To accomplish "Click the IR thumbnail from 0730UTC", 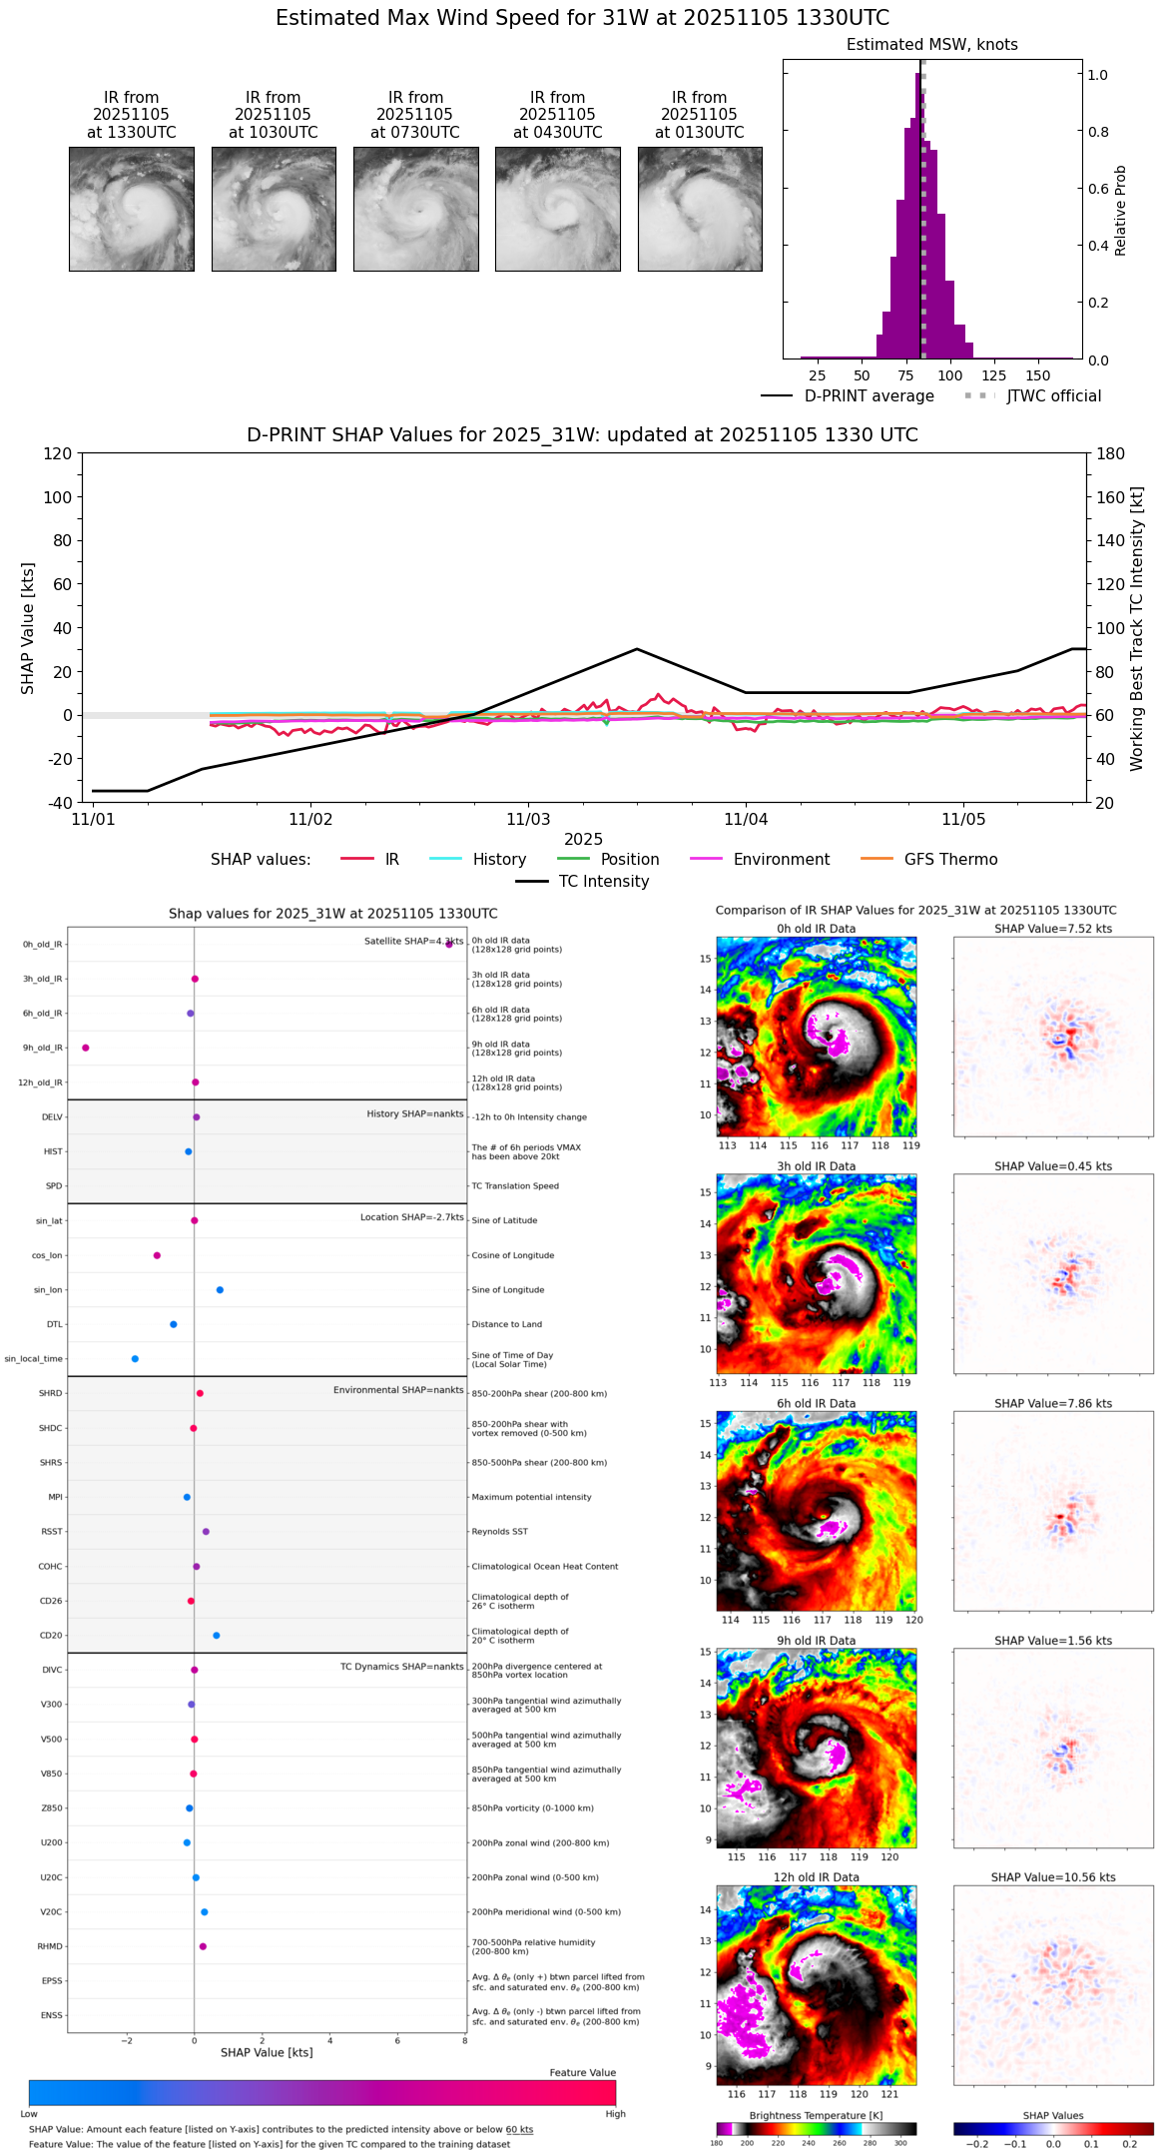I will pyautogui.click(x=415, y=209).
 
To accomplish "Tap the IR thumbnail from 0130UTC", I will pyautogui.click(x=700, y=209).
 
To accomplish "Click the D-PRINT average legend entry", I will pyautogui.click(x=848, y=396).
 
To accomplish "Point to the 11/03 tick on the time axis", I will pyautogui.click(x=528, y=820).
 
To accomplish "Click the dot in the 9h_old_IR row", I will pyautogui.click(x=86, y=1048).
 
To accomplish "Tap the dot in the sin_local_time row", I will pyautogui.click(x=135, y=1359).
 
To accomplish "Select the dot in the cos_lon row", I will pyautogui.click(x=157, y=1255).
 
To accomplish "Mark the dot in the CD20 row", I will pyautogui.click(x=217, y=1636).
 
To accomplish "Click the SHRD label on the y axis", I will pyautogui.click(x=50, y=1393).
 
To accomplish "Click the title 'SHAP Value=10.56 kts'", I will pyautogui.click(x=1052, y=1877).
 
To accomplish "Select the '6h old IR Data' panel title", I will pyautogui.click(x=816, y=1403).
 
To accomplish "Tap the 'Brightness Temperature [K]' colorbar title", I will pyautogui.click(x=816, y=2115).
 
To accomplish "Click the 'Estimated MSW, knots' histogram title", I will pyautogui.click(x=931, y=45).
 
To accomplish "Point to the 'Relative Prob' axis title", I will pyautogui.click(x=1121, y=211).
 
